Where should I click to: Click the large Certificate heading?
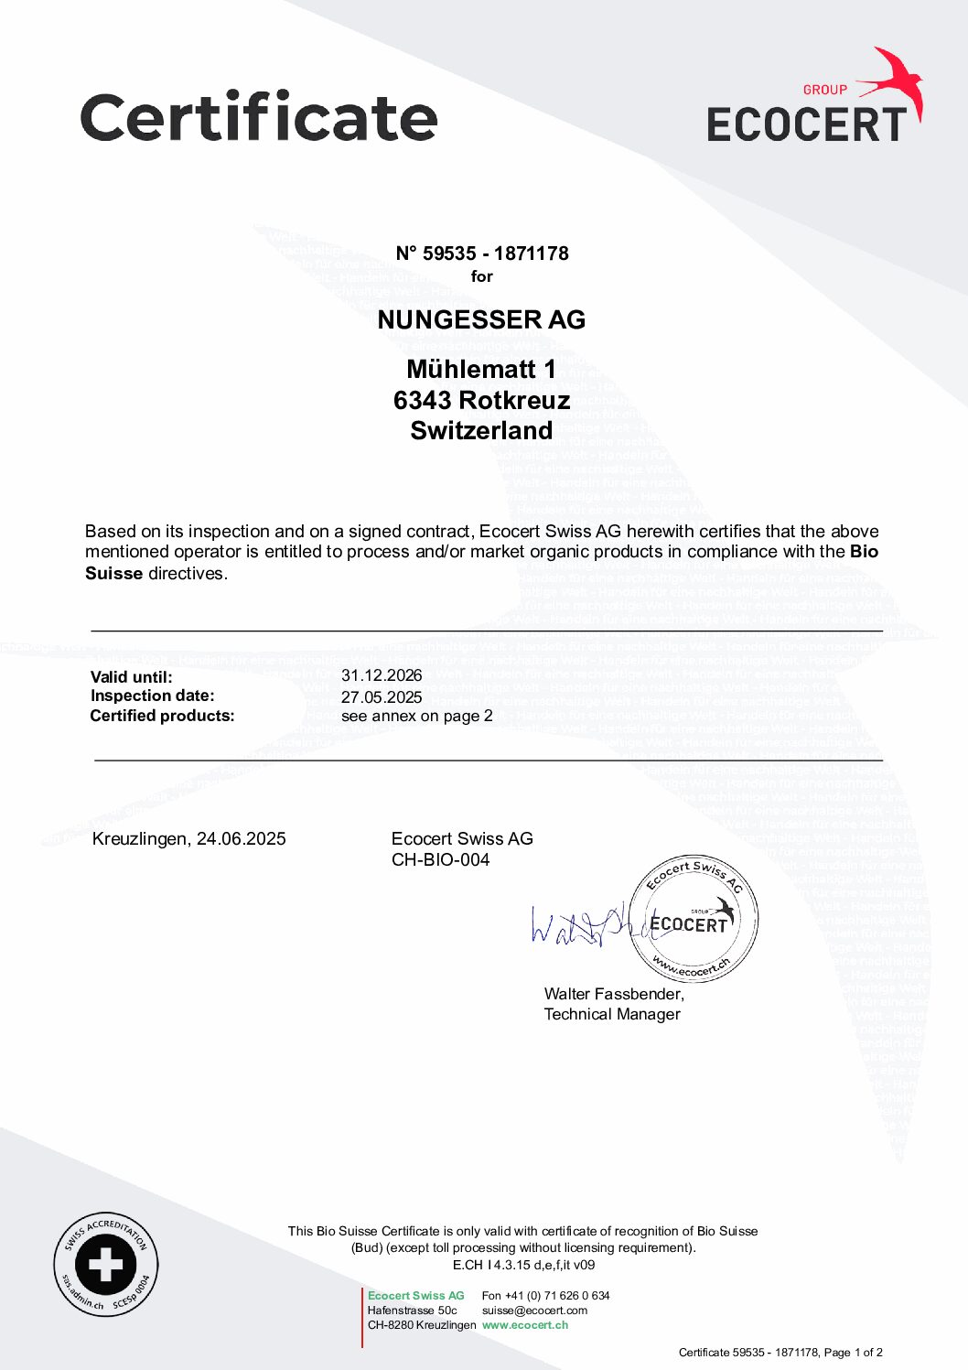(259, 117)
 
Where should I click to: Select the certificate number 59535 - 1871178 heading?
(482, 254)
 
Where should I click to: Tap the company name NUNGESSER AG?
(481, 319)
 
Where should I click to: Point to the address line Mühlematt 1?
(481, 369)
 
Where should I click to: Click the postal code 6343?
(422, 400)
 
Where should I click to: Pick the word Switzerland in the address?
(481, 430)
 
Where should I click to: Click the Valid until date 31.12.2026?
(382, 675)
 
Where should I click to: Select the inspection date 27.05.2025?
(382, 696)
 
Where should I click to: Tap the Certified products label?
(162, 716)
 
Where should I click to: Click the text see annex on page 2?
(416, 716)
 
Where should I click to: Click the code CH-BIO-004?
(440, 859)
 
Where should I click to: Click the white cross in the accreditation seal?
(105, 1266)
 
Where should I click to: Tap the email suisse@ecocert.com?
(534, 1311)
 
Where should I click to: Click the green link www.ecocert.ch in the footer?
(525, 1325)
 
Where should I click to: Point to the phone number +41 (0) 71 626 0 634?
(556, 1296)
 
